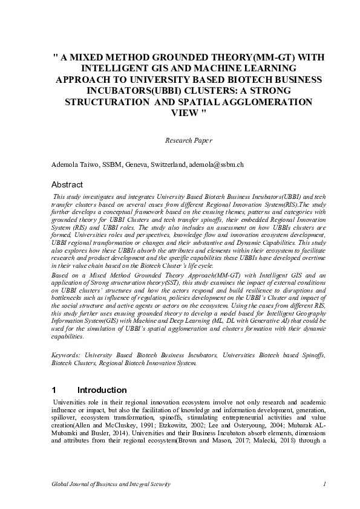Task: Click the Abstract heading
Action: click(67, 184)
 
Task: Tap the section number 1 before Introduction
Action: click(54, 390)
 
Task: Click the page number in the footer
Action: click(325, 484)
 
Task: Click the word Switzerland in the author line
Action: click(168, 164)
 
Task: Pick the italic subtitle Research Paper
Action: click(188, 140)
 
